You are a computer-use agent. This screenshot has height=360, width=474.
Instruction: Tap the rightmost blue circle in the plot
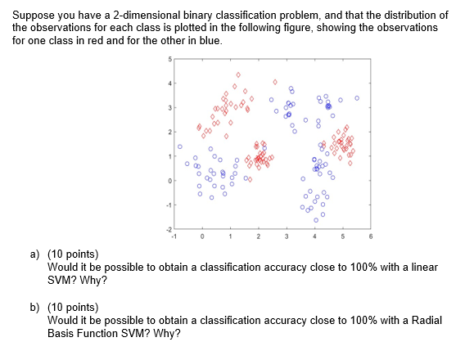[356, 97]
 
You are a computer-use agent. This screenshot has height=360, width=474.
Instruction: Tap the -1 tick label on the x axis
[174, 236]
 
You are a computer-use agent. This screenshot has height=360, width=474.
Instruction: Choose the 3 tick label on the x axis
[286, 236]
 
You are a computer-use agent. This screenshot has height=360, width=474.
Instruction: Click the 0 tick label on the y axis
[169, 180]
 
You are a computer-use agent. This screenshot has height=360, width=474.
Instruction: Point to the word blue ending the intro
[210, 38]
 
